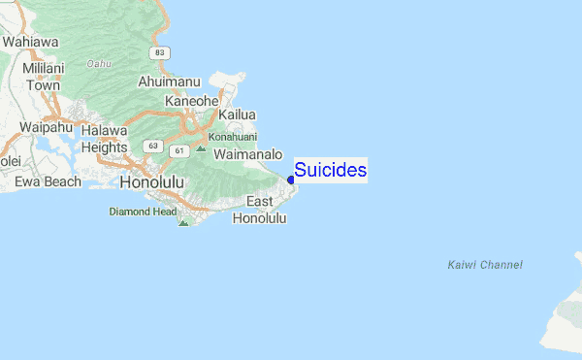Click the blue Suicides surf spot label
coord(330,171)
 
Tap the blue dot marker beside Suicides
coord(291,180)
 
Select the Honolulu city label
coord(151,182)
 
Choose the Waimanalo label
coord(247,154)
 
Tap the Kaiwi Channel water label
coord(485,265)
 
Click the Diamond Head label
coord(142,211)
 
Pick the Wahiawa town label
coord(30,42)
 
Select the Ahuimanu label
coord(171,82)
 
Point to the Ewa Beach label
coord(48,181)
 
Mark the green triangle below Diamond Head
coord(182,223)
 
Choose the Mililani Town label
coord(44,77)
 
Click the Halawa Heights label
coord(104,139)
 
